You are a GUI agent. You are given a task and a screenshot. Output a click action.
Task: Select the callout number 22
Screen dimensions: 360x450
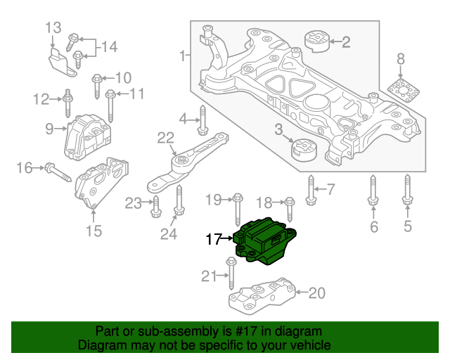click(165, 137)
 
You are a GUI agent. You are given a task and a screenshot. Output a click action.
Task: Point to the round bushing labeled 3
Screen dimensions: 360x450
click(305, 149)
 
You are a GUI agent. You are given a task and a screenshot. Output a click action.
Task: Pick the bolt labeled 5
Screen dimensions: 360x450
click(407, 191)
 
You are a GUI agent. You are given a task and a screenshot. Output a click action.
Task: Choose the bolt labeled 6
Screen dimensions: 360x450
click(373, 191)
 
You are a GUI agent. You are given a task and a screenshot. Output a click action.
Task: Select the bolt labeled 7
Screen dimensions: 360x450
click(312, 188)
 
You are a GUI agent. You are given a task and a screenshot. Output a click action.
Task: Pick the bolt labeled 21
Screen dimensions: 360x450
click(231, 275)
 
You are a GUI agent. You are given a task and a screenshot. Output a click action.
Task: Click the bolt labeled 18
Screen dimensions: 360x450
click(289, 209)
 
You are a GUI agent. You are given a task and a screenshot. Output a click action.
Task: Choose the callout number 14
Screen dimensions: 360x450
click(108, 47)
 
